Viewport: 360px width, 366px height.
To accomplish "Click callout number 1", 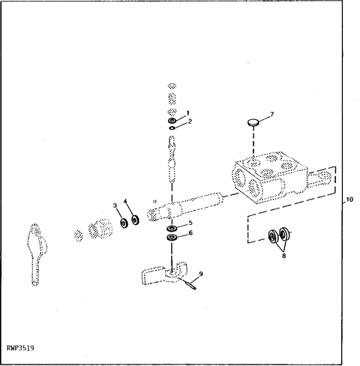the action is click(187, 112).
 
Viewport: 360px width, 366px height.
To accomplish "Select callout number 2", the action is click(190, 121).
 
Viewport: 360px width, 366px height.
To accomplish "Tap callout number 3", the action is click(115, 205).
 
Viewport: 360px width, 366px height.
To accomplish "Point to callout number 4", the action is click(125, 201).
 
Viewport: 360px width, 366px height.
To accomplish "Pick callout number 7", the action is click(272, 114).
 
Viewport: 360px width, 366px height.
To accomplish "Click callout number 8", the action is click(284, 256).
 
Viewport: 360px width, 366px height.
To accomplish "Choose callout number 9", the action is click(201, 274).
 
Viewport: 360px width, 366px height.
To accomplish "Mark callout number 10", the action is click(349, 199).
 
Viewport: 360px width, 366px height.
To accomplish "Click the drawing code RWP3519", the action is click(20, 348).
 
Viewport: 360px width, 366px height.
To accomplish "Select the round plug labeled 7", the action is click(253, 122).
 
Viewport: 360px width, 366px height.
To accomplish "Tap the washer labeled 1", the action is click(172, 121).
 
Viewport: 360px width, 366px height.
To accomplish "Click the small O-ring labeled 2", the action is click(172, 128).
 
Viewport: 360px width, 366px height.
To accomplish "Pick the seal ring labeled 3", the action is click(124, 223).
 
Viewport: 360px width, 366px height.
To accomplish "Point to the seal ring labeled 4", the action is click(135, 220).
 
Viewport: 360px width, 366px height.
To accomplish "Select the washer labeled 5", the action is click(172, 228).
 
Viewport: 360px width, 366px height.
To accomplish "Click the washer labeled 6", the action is click(172, 237).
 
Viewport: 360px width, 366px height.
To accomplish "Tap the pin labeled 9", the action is click(190, 285).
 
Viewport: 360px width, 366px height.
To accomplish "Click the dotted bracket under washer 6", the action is click(164, 273).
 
